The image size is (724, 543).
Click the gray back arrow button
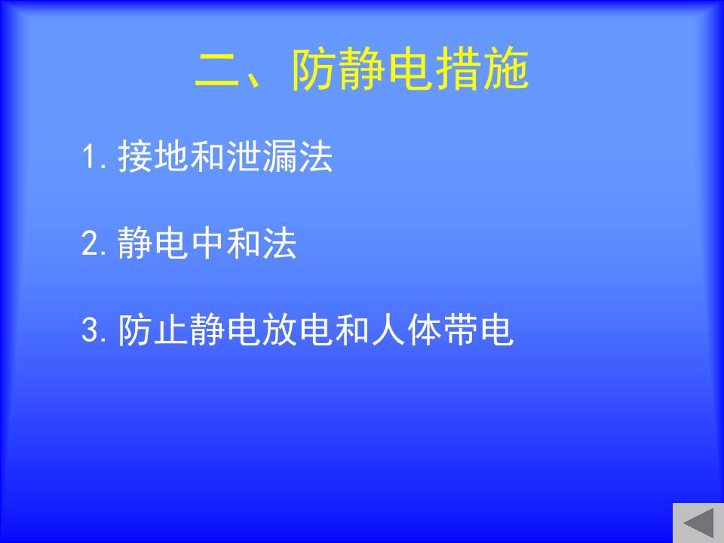tap(698, 523)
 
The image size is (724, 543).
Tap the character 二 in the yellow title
tap(218, 69)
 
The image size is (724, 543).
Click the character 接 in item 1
tap(135, 156)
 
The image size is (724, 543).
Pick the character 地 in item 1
tap(171, 156)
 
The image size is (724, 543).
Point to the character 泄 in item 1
tap(244, 156)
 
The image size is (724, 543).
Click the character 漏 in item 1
tap(280, 156)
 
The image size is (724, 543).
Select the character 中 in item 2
tap(207, 242)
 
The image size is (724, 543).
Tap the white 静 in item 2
tap(135, 242)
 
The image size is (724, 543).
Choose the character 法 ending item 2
tap(280, 242)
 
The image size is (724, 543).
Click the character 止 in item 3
tap(171, 330)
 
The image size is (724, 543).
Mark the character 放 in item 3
tap(280, 330)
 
